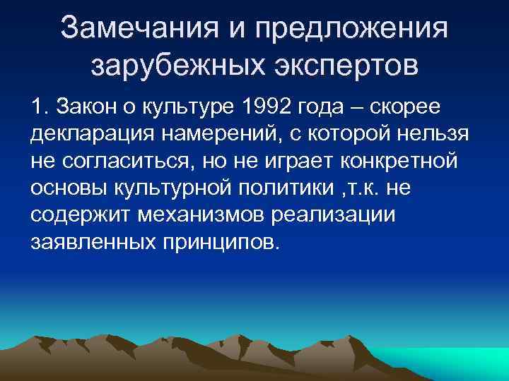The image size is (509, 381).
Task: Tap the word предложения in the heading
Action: [353, 30]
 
